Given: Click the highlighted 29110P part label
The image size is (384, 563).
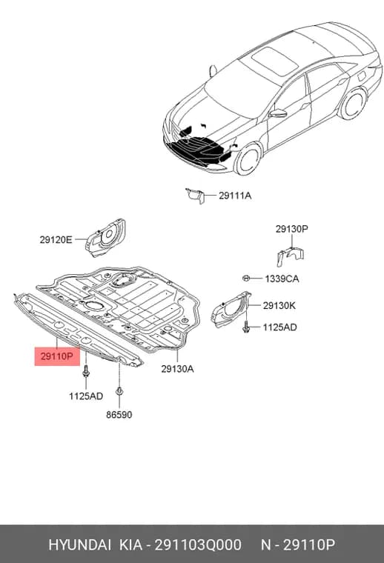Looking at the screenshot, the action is pos(57,356).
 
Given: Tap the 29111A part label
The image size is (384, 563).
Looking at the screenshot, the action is pos(235,196).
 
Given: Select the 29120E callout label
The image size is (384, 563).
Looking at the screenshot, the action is pos(56,239).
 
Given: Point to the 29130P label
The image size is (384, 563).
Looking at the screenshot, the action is pos(291,229).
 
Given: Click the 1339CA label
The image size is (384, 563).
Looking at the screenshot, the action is pos(282,279).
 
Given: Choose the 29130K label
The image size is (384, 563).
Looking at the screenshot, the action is pos(279,306).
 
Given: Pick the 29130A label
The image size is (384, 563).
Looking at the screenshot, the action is pos(177,369).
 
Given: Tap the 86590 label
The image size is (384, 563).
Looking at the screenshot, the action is pos(119,415).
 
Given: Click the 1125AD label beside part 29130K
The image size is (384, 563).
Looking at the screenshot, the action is pos(279,327).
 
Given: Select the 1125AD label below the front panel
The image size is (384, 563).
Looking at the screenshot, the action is pos(86,396).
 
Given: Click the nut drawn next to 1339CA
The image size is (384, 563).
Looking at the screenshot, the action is pos(246,278).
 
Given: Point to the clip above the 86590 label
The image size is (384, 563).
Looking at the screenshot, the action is pos(119,391).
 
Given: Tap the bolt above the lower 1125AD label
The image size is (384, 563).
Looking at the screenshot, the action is pos(86,371).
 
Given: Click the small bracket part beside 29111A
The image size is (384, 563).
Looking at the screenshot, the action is pos(195,196).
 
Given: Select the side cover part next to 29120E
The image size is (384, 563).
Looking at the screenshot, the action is pos(105,238).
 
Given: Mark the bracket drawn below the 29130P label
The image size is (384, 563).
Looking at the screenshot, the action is pos(290,256).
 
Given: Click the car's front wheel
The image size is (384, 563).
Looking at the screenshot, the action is pos(248,159).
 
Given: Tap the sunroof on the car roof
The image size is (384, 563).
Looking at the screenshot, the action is pos(275,61).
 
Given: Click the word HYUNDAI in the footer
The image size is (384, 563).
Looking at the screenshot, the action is pos(80,545).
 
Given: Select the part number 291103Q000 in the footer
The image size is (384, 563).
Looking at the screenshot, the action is pos(198,545).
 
